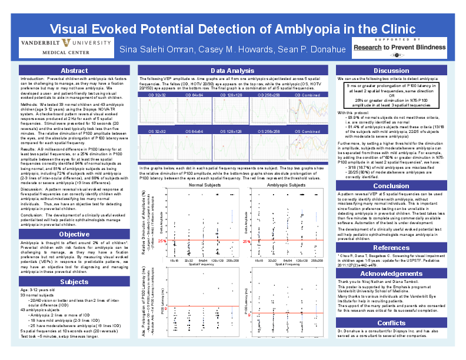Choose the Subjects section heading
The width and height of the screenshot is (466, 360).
[74, 282]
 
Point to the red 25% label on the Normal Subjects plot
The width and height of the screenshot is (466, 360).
[161, 241]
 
